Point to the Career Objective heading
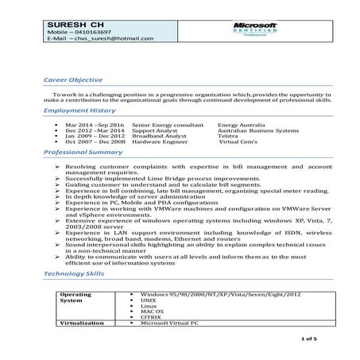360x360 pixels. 73,79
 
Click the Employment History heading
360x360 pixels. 79,111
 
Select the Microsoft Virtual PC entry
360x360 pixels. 168,323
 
